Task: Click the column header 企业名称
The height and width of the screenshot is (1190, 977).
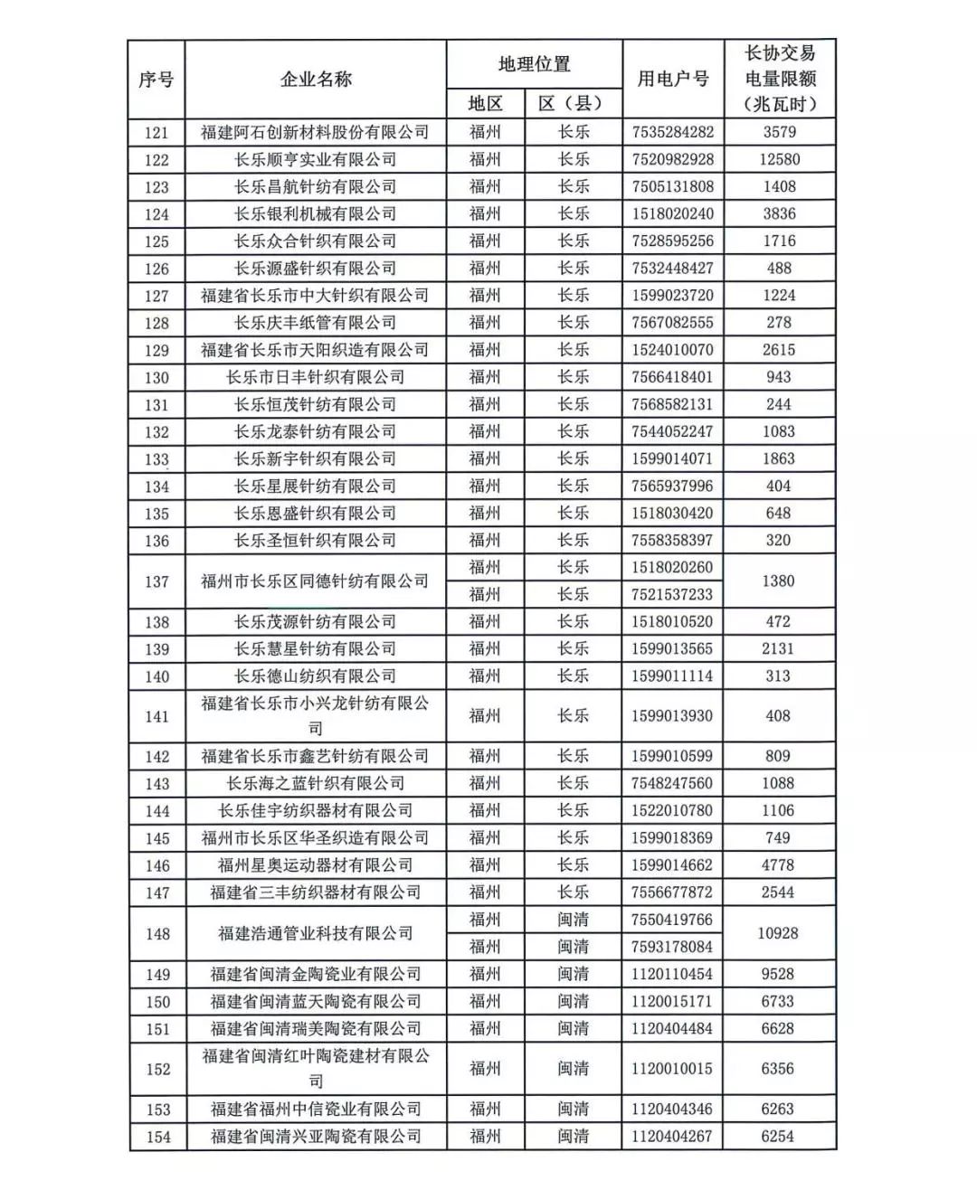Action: pyautogui.click(x=315, y=80)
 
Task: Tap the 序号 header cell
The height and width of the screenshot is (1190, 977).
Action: pyautogui.click(x=157, y=80)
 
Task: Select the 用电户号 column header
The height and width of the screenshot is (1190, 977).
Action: pyautogui.click(x=672, y=80)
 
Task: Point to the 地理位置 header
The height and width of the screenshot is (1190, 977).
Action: pyautogui.click(x=534, y=64)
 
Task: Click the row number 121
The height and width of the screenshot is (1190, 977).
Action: pyautogui.click(x=157, y=132)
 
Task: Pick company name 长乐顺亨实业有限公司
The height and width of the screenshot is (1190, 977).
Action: pyautogui.click(x=315, y=159)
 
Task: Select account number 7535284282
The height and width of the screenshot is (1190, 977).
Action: pyautogui.click(x=672, y=132)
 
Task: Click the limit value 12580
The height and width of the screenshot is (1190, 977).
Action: pyautogui.click(x=779, y=159)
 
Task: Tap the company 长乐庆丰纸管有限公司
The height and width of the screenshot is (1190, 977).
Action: pyautogui.click(x=315, y=323)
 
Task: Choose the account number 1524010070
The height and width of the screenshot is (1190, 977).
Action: pyautogui.click(x=672, y=350)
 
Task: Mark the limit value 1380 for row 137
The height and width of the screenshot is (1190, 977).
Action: pyautogui.click(x=778, y=581)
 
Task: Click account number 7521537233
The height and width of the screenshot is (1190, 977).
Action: pyautogui.click(x=672, y=594)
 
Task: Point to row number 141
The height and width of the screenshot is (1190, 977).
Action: pyautogui.click(x=157, y=716)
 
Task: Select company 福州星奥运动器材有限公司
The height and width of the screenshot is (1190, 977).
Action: pyautogui.click(x=315, y=865)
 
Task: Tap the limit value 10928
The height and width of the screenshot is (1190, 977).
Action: pyautogui.click(x=778, y=933)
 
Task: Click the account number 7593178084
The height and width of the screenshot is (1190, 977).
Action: pyautogui.click(x=672, y=947)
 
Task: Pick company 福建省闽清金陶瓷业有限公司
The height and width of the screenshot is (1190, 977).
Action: pyautogui.click(x=315, y=974)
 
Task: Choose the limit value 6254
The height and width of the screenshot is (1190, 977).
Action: pyautogui.click(x=778, y=1137)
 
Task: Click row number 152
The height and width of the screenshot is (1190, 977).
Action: pyautogui.click(x=157, y=1069)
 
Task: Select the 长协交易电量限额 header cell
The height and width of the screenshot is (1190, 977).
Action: pyautogui.click(x=779, y=79)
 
